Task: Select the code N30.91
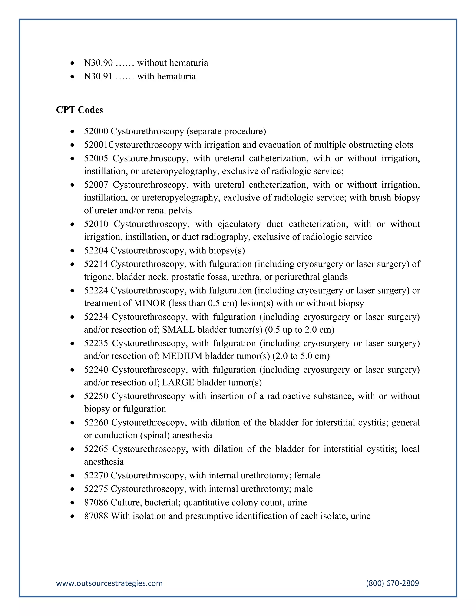pyautogui.click(x=98, y=76)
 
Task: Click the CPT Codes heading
pyautogui.click(x=79, y=110)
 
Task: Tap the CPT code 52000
pyautogui.click(x=96, y=131)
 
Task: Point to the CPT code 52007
pyautogui.click(x=96, y=185)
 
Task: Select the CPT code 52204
pyautogui.click(x=96, y=250)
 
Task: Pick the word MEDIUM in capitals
pyautogui.click(x=182, y=356)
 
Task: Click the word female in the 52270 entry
pyautogui.click(x=307, y=475)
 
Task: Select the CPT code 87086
pyautogui.click(x=96, y=502)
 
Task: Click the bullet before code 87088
pyautogui.click(x=73, y=516)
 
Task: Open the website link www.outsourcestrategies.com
pyautogui.click(x=109, y=583)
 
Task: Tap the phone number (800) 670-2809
pyautogui.click(x=392, y=583)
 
